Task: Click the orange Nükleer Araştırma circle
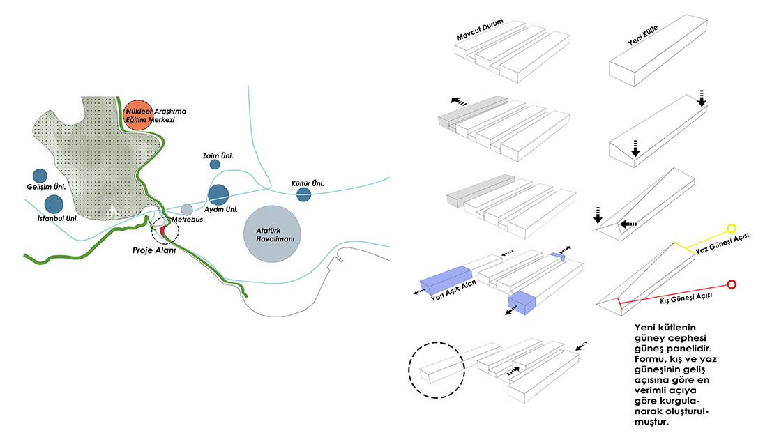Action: [x=137, y=115]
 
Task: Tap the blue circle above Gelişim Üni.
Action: [x=40, y=176]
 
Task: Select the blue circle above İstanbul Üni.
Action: [x=54, y=204]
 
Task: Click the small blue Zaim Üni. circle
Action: [x=215, y=165]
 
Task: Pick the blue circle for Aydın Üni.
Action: [x=218, y=194]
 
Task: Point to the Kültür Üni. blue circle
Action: [x=303, y=194]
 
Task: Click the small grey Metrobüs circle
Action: [x=187, y=210]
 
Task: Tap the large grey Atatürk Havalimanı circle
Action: [x=272, y=234]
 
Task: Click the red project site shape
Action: [x=162, y=231]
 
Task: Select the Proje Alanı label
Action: [x=154, y=250]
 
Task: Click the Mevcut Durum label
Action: [x=480, y=30]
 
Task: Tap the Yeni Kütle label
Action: [x=643, y=36]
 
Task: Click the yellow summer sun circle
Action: [x=732, y=229]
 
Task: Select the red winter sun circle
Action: [x=732, y=284]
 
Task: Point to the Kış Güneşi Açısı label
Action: [x=686, y=298]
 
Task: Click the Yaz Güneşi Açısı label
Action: [x=722, y=243]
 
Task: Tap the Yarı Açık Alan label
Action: [x=453, y=290]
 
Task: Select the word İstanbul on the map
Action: [x=50, y=218]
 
